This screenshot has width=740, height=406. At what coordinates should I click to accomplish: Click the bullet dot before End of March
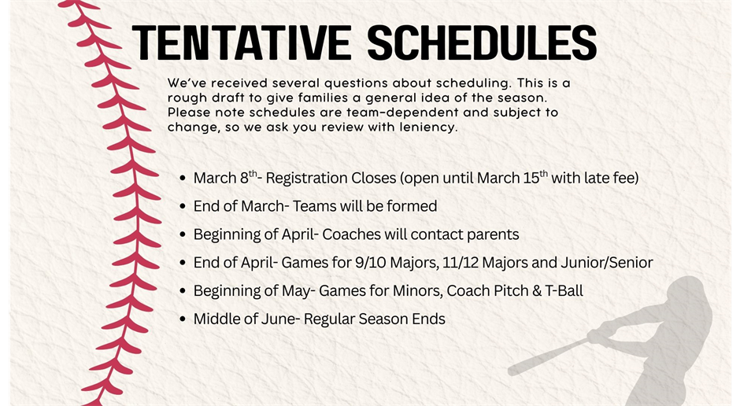(183, 207)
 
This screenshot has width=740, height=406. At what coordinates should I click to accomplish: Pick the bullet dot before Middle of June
(183, 320)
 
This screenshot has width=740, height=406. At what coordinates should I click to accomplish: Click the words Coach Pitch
(487, 291)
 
